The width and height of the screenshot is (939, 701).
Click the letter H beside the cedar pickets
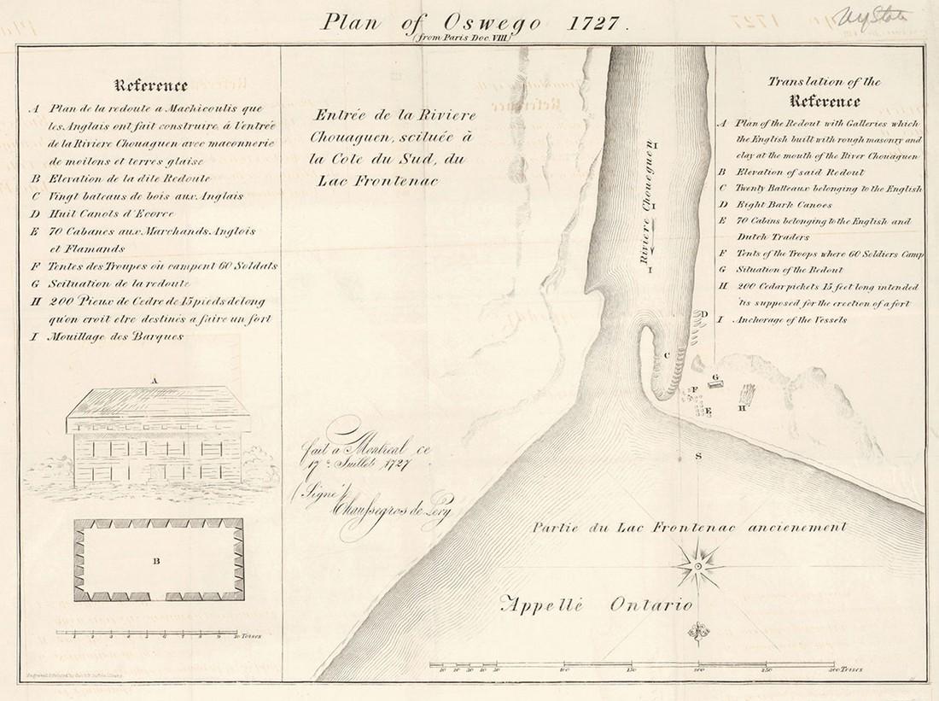pos(743,407)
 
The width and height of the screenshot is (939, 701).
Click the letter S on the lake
pos(697,458)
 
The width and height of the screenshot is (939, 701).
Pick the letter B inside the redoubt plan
pos(156,562)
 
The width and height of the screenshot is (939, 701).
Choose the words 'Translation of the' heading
pos(823,82)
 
